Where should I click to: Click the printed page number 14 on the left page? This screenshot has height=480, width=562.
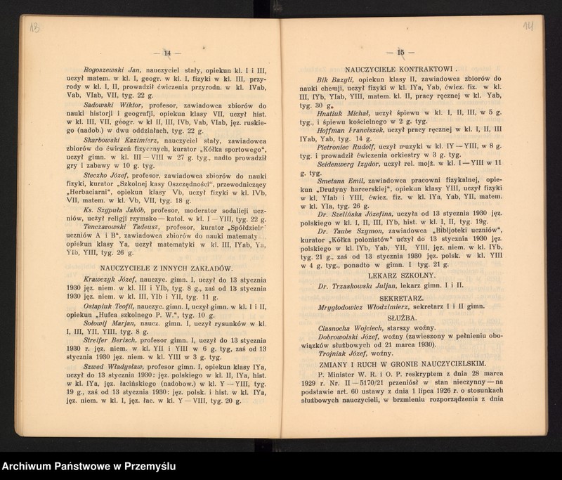pyautogui.click(x=167, y=52)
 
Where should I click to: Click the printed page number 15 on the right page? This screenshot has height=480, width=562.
pyautogui.click(x=402, y=52)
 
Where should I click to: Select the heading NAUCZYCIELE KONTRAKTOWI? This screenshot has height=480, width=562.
pyautogui.click(x=397, y=70)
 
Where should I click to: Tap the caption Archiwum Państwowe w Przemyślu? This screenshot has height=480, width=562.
pyautogui.click(x=89, y=467)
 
